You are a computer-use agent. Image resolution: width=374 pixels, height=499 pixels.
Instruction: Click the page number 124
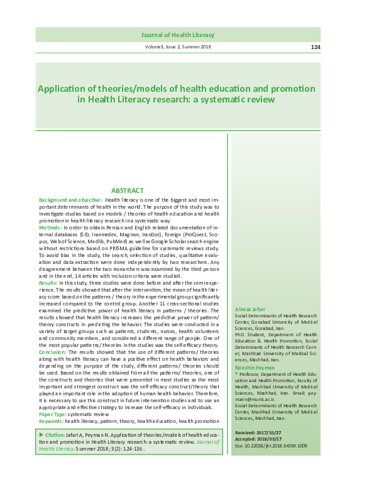(316, 47)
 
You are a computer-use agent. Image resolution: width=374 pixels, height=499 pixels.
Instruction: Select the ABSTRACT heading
(128, 190)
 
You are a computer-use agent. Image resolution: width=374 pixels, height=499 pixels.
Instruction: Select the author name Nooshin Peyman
(252, 349)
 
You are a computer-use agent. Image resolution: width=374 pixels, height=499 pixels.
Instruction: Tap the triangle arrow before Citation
(41, 417)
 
